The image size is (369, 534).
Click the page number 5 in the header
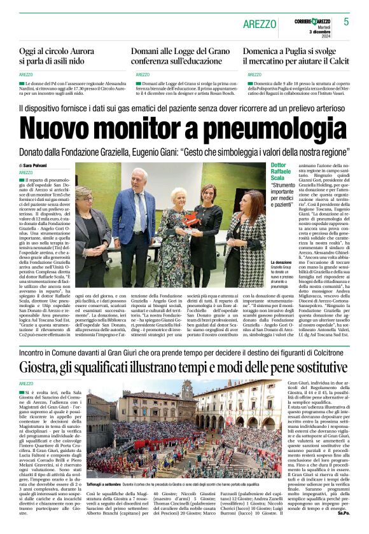(346, 22)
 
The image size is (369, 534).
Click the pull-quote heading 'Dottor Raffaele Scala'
(281, 172)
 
